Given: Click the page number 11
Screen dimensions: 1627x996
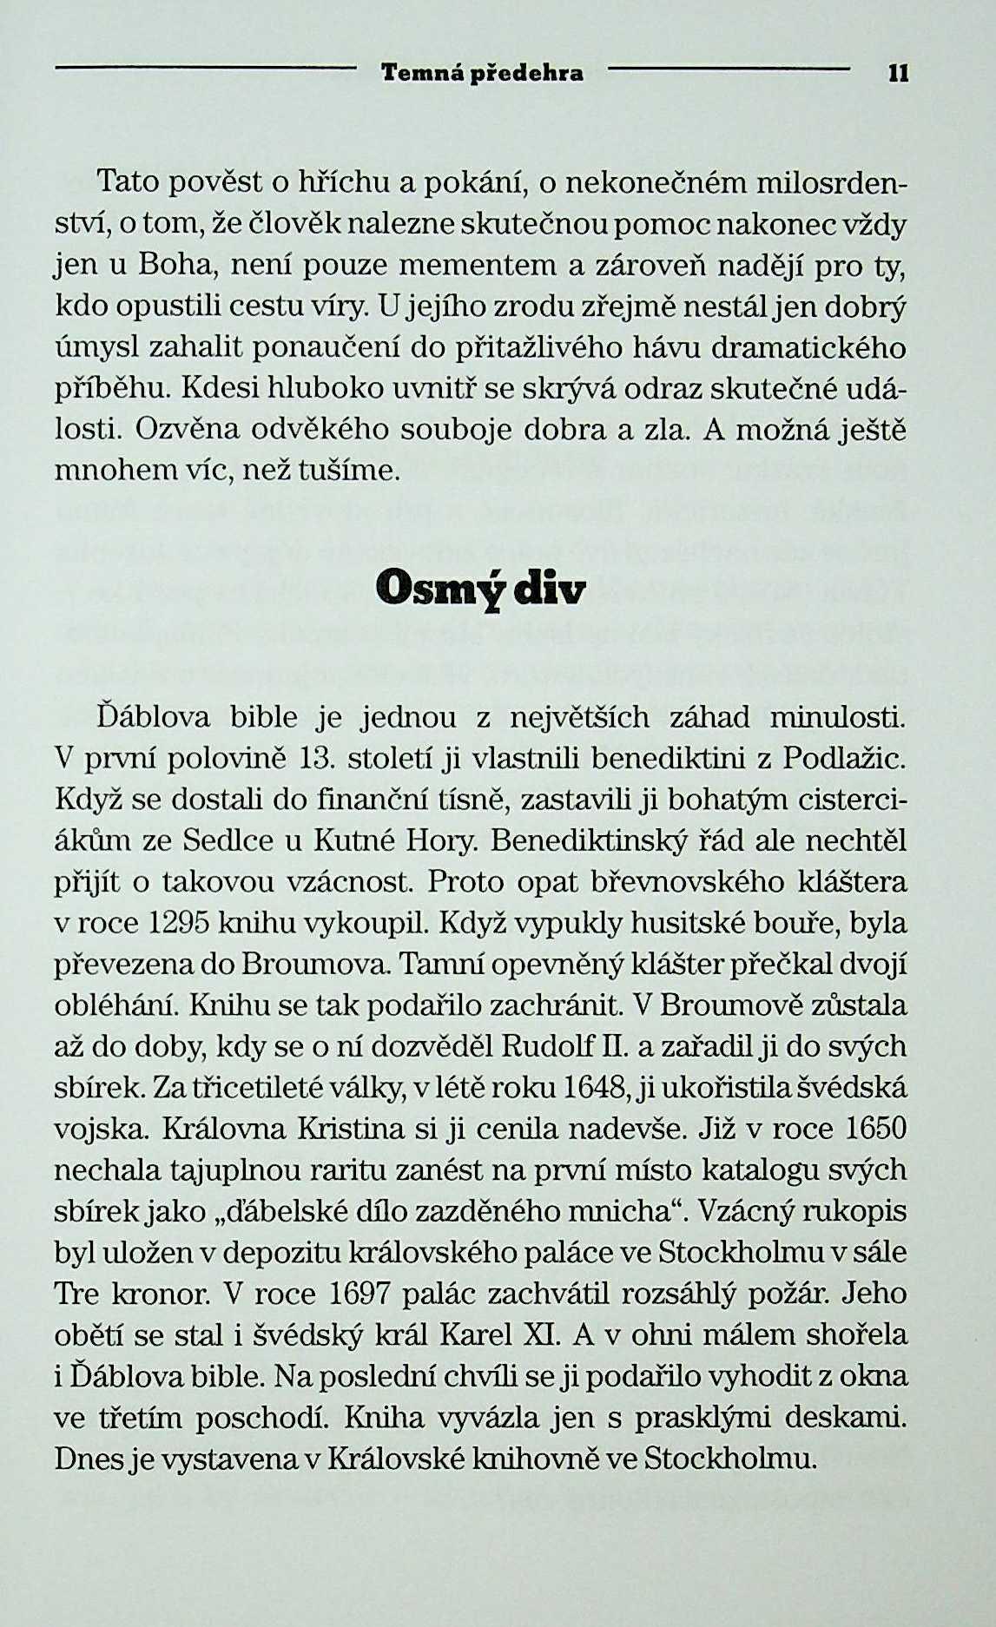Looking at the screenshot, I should (898, 74).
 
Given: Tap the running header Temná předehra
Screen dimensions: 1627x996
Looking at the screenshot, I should (483, 74).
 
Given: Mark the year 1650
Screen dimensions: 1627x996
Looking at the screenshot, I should (874, 1129).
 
